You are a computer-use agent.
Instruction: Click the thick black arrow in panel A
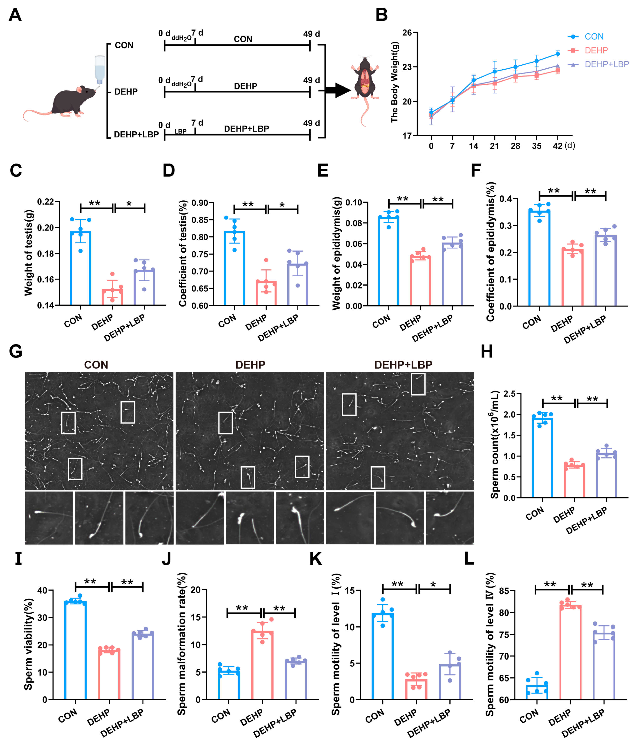(x=338, y=90)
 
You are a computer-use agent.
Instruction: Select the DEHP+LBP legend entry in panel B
(x=607, y=64)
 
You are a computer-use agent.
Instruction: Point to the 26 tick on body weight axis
(x=407, y=33)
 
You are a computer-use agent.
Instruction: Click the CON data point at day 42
(x=557, y=54)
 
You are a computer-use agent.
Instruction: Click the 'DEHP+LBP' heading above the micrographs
(x=403, y=365)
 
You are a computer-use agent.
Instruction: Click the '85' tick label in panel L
(x=504, y=591)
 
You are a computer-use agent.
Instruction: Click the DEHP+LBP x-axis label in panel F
(x=585, y=329)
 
